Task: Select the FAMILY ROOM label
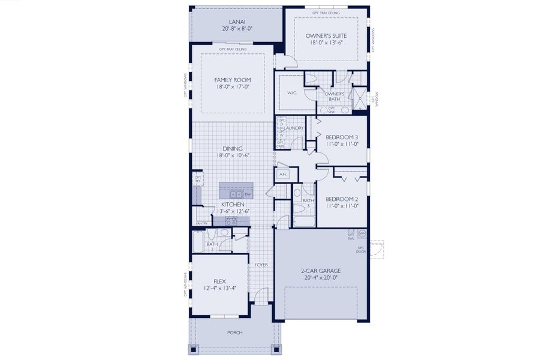coord(233,80)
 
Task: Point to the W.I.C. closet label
coord(292,93)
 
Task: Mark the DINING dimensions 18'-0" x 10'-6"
coord(233,155)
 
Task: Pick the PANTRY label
coord(201,223)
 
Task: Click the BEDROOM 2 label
coord(341,199)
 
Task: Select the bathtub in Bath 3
coord(303,222)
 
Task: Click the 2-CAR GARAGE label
coord(320,271)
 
